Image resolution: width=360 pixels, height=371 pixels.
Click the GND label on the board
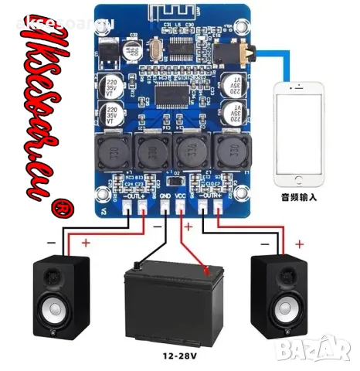point(164,197)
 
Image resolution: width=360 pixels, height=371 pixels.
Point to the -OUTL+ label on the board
point(134,197)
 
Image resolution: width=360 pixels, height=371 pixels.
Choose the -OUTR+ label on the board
point(209,197)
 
